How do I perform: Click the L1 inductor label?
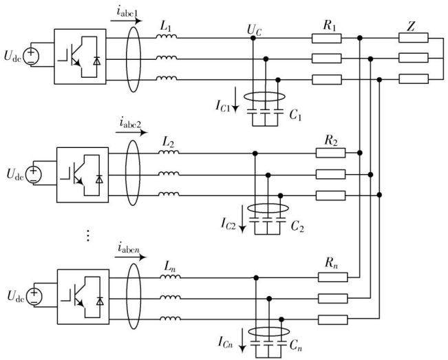pos(166,26)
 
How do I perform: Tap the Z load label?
pos(411,27)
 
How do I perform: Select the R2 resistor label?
pos(331,140)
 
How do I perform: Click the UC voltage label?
pos(254,31)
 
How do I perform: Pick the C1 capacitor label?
pos(295,115)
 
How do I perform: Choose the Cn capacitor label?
pos(296,345)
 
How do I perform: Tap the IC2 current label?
pos(228,223)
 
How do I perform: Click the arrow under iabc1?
pos(126,21)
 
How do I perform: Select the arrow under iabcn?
pos(130,257)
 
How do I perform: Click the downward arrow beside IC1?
pos(235,99)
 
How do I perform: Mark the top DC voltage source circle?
pos(31,56)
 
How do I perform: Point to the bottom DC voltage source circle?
pos(34,296)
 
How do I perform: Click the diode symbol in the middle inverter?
pos(99,179)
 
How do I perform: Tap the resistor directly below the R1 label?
pos(326,39)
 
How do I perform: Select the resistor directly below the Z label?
pos(414,38)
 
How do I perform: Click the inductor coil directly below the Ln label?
pos(170,277)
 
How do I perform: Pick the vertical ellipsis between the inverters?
pos(88,235)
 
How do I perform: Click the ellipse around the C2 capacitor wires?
pos(268,208)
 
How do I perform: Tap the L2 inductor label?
pos(169,142)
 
